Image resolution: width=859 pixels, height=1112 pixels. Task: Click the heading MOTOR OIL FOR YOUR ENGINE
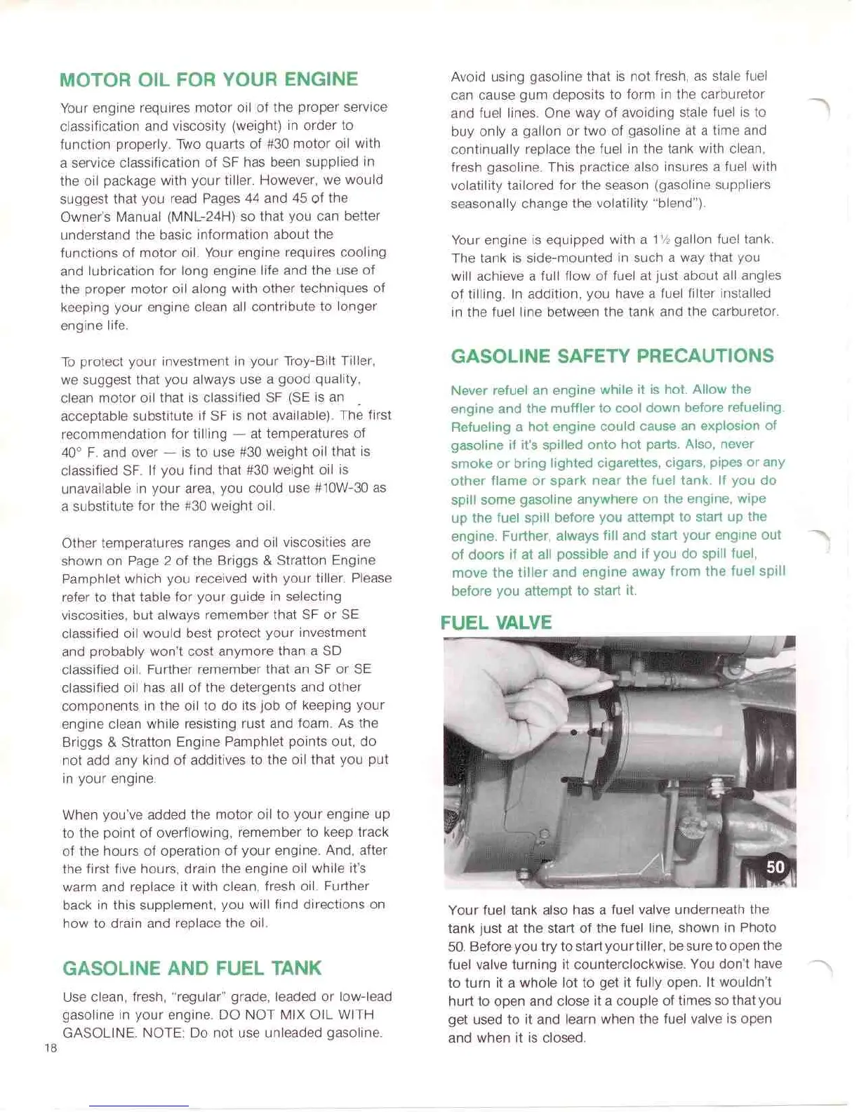pyautogui.click(x=208, y=79)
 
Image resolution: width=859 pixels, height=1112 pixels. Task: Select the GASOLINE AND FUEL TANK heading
pyautogui.click(x=192, y=968)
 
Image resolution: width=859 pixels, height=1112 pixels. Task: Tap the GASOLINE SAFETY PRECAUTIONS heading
pyautogui.click(x=612, y=356)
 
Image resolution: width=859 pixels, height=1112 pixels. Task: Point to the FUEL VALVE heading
pyautogui.click(x=495, y=623)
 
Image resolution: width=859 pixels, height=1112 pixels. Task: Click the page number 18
pyautogui.click(x=51, y=1048)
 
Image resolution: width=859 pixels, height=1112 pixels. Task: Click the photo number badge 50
pyautogui.click(x=775, y=867)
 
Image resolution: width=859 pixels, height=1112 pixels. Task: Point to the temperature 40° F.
pyautogui.click(x=80, y=452)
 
